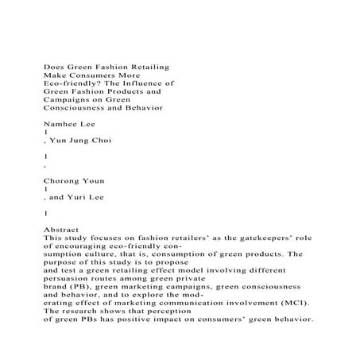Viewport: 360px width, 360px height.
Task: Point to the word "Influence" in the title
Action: click(x=145, y=82)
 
